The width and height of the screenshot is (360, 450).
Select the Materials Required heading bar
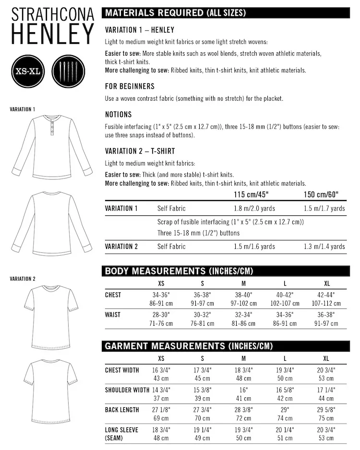tap(224, 13)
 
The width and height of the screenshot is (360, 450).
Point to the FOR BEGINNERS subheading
tap(130, 86)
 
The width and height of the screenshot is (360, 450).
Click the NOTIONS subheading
tap(118, 115)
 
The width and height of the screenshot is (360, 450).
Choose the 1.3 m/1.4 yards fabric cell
tap(324, 247)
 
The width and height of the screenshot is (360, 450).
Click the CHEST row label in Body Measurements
tap(113, 295)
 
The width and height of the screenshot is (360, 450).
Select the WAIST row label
tap(113, 315)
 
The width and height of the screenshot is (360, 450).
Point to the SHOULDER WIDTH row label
tap(127, 390)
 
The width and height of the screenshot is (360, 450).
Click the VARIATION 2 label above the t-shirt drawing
tap(23, 279)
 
